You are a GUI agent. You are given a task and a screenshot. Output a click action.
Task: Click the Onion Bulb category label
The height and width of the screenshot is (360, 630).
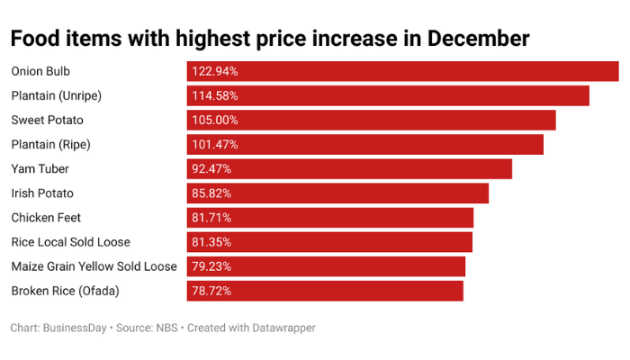click(40, 71)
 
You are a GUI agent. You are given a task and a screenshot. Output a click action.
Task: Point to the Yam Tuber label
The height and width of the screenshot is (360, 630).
click(40, 168)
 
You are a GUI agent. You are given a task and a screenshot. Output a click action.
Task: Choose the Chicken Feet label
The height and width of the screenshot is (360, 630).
click(45, 217)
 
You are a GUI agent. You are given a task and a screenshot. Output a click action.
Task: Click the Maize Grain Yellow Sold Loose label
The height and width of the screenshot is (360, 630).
click(94, 265)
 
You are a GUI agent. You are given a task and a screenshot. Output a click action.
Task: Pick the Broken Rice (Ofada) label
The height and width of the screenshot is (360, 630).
click(65, 290)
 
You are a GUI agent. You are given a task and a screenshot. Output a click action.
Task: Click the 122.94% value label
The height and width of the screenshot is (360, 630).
click(215, 71)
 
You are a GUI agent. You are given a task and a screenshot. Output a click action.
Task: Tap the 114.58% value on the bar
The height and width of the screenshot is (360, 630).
click(215, 95)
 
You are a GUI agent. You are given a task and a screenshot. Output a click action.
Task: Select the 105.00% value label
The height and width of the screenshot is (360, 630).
click(215, 120)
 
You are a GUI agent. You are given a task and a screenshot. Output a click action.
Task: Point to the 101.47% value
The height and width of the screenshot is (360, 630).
click(215, 144)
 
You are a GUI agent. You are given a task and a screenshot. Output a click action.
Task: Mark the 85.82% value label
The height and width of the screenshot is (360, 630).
click(212, 193)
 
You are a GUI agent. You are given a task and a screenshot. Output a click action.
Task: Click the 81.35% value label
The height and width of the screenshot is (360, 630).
click(212, 241)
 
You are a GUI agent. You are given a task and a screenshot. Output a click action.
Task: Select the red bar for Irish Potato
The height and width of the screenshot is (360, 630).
click(360, 193)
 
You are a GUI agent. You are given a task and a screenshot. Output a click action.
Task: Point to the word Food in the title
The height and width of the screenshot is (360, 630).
click(35, 39)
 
